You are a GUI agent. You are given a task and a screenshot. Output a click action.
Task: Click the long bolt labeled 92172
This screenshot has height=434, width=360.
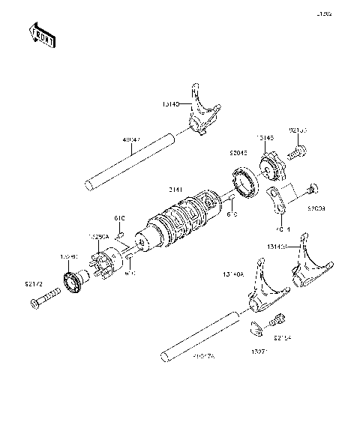click(46, 302)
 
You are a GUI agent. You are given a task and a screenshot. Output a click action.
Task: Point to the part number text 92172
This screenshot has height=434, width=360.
click(34, 285)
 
